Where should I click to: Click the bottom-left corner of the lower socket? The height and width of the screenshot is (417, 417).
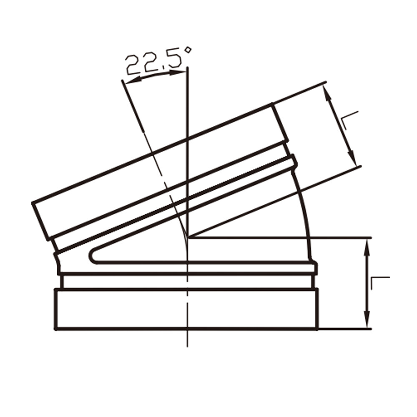click(x=55, y=329)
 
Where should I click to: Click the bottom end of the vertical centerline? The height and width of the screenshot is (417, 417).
click(x=188, y=346)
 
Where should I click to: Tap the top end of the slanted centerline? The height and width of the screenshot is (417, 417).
click(x=122, y=80)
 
